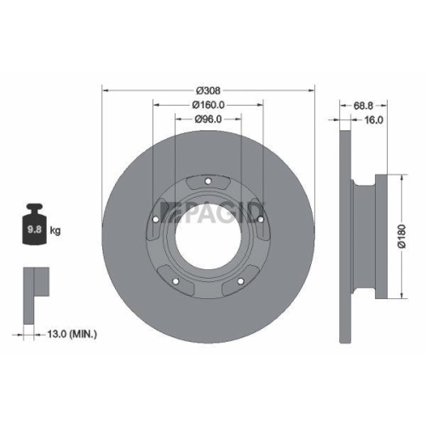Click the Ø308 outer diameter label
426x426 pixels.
pyautogui.click(x=209, y=90)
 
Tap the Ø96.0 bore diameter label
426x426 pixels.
pyautogui.click(x=209, y=119)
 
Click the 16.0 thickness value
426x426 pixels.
pyautogui.click(x=373, y=120)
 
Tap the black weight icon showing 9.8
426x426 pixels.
pyautogui.click(x=35, y=225)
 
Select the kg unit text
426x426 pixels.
pyautogui.click(x=55, y=231)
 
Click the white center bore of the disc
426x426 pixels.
pyautogui.click(x=209, y=239)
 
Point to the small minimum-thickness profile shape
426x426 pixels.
pyautogui.click(x=32, y=282)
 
